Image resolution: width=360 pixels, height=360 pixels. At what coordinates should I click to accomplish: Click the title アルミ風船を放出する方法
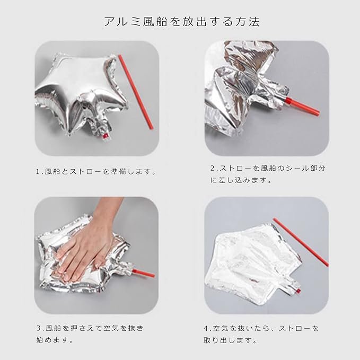pos(182,22)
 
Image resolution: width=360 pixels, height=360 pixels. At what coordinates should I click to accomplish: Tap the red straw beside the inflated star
pos(135,92)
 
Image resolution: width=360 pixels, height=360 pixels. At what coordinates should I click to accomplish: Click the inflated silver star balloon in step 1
pos(82,95)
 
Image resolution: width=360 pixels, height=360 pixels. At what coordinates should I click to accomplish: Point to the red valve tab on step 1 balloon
pos(106,136)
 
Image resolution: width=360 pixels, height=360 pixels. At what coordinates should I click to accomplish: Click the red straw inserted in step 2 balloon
pos(302,107)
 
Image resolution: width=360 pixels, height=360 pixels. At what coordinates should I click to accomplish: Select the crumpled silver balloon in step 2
pos(247,89)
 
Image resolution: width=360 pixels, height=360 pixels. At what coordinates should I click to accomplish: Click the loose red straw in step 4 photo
pos(301,242)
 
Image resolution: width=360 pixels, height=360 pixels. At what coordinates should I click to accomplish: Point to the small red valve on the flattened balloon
pos(298,291)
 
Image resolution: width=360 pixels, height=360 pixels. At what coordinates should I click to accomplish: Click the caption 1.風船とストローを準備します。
pos(96,171)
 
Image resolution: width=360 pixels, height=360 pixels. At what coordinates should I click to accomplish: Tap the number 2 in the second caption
pos(213,168)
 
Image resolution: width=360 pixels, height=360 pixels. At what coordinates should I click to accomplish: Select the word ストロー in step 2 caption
pos(236,168)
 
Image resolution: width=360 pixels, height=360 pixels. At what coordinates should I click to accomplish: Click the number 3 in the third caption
pos(39,328)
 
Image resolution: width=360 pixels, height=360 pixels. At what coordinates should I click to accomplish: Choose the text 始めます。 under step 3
pos(55,339)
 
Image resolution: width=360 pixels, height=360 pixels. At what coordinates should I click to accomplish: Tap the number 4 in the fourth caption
pos(206,328)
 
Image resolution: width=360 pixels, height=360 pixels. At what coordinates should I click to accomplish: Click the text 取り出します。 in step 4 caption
pos(230,340)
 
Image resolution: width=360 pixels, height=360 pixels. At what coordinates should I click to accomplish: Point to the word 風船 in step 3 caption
pos(53,328)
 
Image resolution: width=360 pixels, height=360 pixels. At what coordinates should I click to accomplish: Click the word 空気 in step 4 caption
pos(221,328)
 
